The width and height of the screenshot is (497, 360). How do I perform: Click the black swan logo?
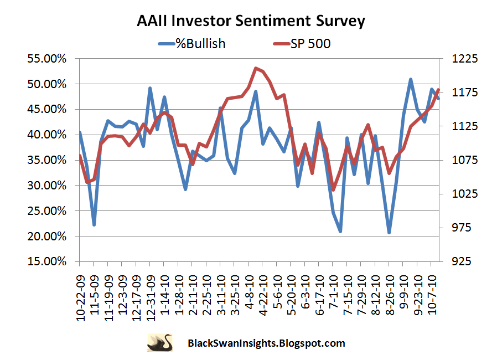(159, 342)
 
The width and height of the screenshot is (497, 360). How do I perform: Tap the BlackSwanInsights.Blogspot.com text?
(266, 343)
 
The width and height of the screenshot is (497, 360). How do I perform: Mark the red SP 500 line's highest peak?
(256, 68)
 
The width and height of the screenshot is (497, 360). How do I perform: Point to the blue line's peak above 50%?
(411, 79)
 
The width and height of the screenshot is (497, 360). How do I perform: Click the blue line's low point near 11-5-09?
(94, 225)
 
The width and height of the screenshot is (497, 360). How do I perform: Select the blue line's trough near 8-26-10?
(390, 233)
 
